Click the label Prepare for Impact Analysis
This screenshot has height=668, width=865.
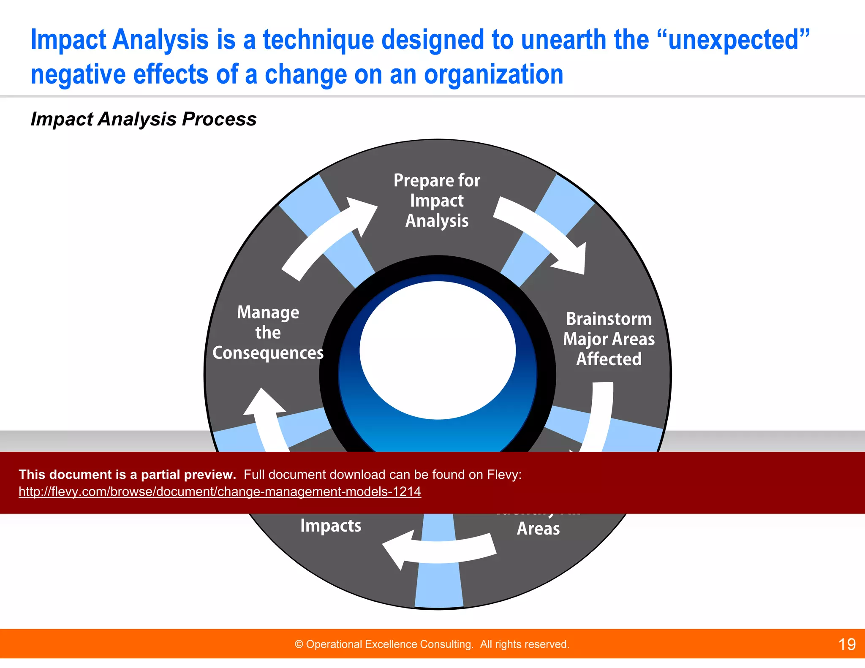click(437, 201)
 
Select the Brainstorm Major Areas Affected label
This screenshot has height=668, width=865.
click(609, 339)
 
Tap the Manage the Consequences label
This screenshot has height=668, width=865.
click(268, 333)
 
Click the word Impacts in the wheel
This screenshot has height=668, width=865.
click(331, 526)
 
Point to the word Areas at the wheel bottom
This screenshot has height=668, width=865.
click(538, 529)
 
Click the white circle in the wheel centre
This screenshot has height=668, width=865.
click(438, 350)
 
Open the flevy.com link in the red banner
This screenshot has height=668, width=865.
click(220, 491)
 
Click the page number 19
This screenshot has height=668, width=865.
click(846, 644)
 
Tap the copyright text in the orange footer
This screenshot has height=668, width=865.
click(432, 644)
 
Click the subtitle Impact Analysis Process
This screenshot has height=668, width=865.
click(144, 119)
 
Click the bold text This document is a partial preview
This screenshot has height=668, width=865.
click(127, 475)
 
